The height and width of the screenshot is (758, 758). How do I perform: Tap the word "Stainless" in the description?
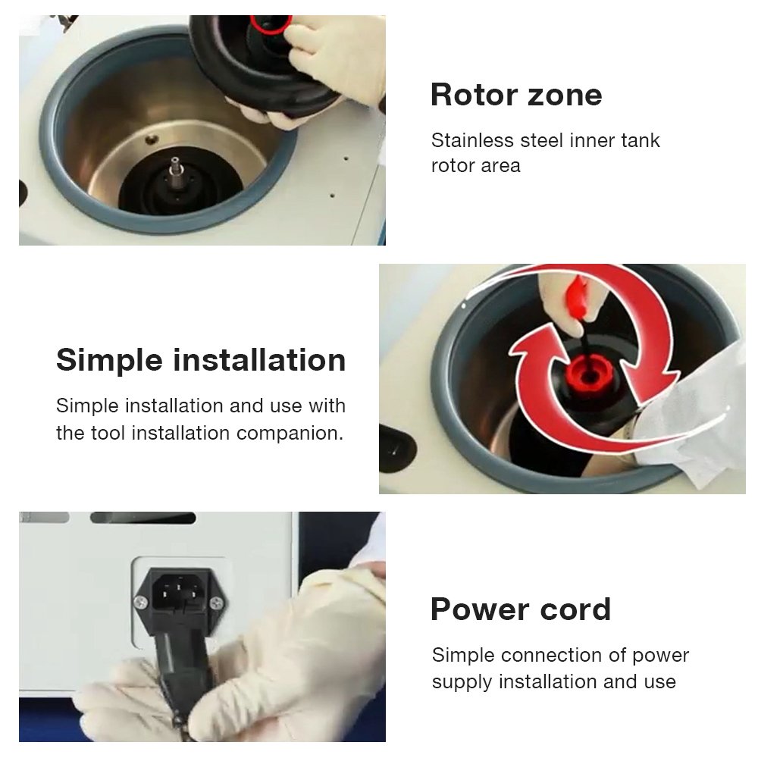(472, 141)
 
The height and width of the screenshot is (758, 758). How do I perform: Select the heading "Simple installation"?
(201, 359)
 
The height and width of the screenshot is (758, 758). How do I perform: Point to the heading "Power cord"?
(521, 609)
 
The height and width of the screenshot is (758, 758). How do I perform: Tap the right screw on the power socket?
(216, 603)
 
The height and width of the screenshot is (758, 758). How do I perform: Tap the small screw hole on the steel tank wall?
(152, 139)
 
